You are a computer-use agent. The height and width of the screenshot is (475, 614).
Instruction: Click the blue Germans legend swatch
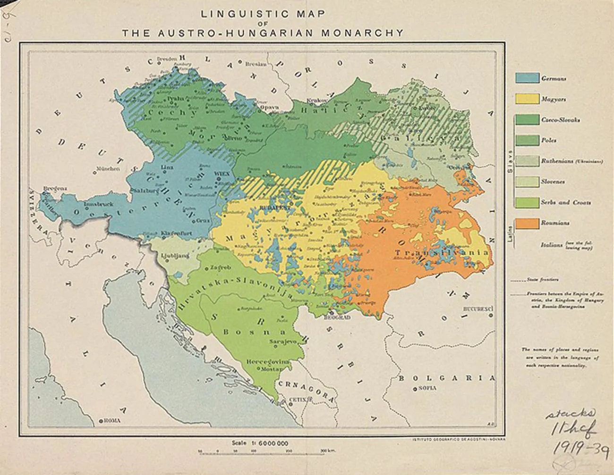pyautogui.click(x=527, y=78)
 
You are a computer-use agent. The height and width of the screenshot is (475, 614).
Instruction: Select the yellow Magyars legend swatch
pyautogui.click(x=527, y=99)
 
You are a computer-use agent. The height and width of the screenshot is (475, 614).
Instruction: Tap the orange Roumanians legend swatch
pyautogui.click(x=527, y=223)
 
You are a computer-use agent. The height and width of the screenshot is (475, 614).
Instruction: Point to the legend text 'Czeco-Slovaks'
pyautogui.click(x=561, y=120)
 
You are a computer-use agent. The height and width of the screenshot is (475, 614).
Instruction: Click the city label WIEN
pyautogui.click(x=222, y=174)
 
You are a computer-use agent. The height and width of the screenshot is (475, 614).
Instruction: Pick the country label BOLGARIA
pyautogui.click(x=447, y=378)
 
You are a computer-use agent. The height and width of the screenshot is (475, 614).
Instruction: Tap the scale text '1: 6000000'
pyautogui.click(x=266, y=443)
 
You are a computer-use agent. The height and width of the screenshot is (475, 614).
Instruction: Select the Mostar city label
pyautogui.click(x=267, y=369)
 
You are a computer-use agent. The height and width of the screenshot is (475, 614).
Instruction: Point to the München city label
pyautogui.click(x=108, y=169)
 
